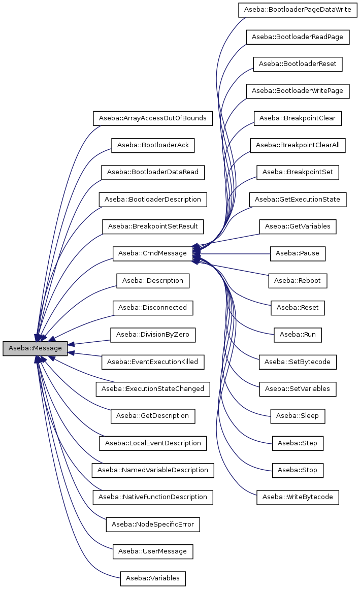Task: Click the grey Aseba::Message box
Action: (35, 348)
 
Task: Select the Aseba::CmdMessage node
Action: (152, 253)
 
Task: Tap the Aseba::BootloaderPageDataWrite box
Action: (298, 10)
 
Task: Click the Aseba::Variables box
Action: (153, 578)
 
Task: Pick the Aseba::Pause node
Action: (298, 253)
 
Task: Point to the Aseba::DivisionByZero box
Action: (153, 335)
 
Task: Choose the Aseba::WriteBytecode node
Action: (298, 497)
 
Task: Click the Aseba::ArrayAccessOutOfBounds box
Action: (152, 118)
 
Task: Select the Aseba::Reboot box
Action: (298, 280)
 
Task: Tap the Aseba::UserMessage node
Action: (152, 551)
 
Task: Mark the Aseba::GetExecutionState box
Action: (298, 200)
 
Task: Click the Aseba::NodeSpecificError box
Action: (152, 524)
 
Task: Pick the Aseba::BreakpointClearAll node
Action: (298, 145)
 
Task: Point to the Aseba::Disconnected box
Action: (152, 308)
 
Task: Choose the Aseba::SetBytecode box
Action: (298, 362)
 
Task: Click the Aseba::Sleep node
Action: (298, 416)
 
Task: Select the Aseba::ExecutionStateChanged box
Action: (152, 389)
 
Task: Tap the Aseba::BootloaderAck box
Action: (153, 145)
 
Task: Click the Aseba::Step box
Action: (298, 443)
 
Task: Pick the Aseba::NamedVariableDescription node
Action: (152, 470)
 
